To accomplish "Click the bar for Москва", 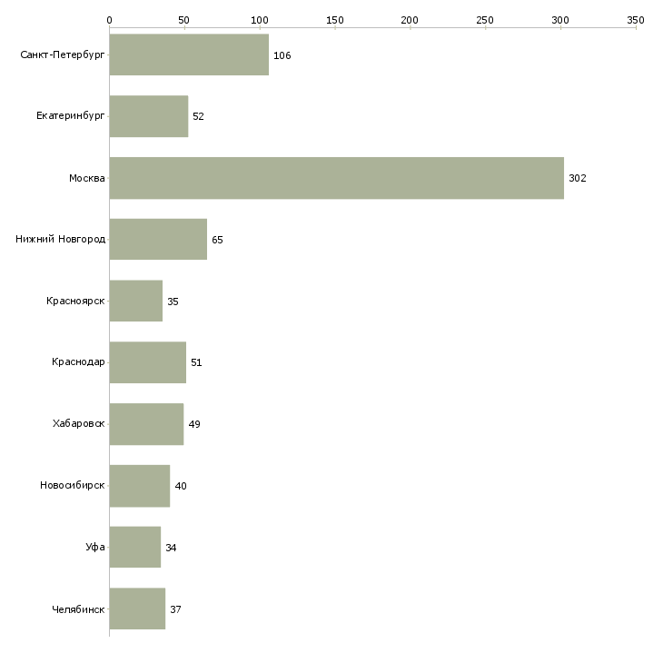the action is point(337,178).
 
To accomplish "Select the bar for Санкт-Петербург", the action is point(189,54).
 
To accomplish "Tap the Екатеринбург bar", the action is point(149,116).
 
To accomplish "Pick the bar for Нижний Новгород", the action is point(158,240).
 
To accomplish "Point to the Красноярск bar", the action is point(135,301).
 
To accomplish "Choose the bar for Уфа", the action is point(135,547).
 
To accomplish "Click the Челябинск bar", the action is point(137,609).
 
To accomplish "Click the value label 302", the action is point(578,178).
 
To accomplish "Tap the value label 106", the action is point(282,55).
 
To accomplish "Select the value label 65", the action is point(217,240).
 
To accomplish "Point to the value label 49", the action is point(194,424).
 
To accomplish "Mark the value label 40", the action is point(181,486).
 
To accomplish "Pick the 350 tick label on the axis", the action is point(636,20).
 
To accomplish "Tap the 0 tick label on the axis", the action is point(110,20).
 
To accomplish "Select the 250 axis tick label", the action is point(485,20).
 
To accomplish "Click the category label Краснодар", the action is point(78,362).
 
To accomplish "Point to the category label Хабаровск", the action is point(79,423).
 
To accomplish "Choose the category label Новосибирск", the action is point(73,485).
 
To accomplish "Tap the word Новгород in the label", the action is point(82,240).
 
